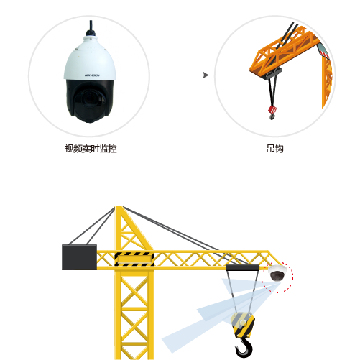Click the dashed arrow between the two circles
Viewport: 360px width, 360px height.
[x=185, y=75]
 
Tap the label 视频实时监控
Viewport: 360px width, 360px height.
[x=91, y=149]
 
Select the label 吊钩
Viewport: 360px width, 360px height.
[x=275, y=149]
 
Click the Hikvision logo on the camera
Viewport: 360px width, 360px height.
[x=92, y=75]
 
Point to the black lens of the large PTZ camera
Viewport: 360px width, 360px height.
[x=89, y=99]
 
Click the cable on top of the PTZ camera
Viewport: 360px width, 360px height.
[x=91, y=28]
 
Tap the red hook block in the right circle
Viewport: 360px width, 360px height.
[x=272, y=110]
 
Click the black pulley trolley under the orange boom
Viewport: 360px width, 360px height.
[x=273, y=73]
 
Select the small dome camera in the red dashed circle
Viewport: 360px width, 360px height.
[x=277, y=273]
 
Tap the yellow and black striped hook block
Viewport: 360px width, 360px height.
[x=243, y=325]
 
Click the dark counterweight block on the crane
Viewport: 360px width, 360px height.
[x=79, y=257]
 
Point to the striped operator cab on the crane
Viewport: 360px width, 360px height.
[x=134, y=259]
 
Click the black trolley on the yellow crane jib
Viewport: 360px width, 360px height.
[x=243, y=267]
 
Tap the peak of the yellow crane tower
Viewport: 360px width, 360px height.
[x=119, y=206]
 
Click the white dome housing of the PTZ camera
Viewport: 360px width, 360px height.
[x=90, y=59]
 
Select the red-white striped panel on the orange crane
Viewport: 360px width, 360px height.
[x=323, y=51]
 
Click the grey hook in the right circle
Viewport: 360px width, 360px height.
[x=272, y=116]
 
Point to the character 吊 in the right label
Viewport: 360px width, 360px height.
[x=271, y=149]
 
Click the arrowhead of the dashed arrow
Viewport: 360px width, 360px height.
[x=206, y=75]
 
